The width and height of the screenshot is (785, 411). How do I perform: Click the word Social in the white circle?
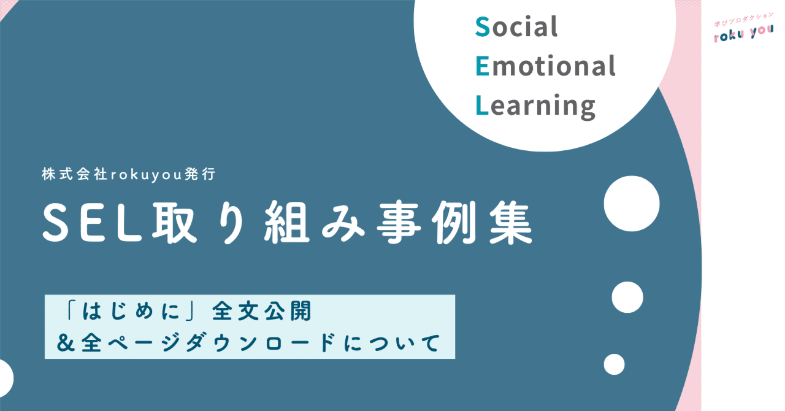coord(517,27)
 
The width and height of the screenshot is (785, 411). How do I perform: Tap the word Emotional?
coord(545,66)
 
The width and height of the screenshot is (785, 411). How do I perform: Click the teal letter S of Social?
coord(482,27)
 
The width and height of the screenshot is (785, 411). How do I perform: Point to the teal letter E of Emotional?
coord(483,66)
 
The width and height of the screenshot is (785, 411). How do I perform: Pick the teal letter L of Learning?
coord(482,106)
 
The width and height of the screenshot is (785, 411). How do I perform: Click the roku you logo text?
coord(743,35)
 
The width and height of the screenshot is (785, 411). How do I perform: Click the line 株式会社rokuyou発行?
coord(129,175)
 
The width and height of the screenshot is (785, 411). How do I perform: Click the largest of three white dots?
coord(632,204)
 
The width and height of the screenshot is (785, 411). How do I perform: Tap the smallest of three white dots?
coord(614,364)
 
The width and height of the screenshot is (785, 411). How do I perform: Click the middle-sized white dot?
coord(627,298)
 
